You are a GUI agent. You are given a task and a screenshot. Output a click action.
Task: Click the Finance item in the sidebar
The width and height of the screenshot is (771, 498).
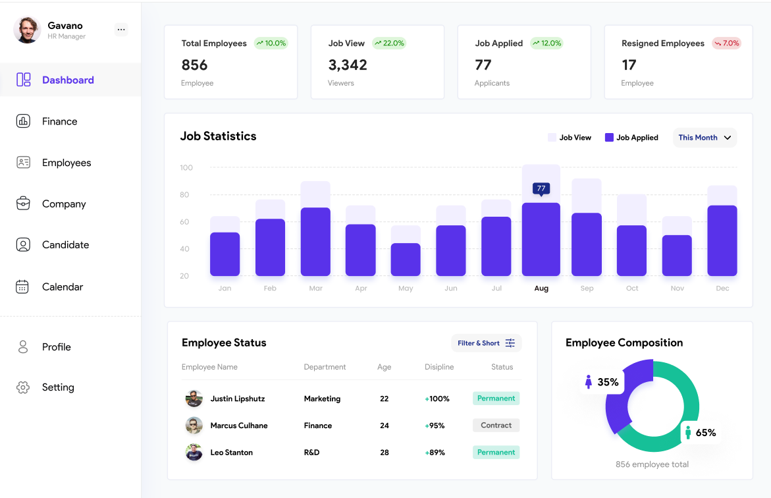point(59,121)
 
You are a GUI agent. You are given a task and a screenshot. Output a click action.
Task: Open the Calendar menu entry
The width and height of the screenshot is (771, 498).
point(62,287)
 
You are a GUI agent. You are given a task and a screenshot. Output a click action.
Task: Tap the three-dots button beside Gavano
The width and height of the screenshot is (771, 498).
point(120,29)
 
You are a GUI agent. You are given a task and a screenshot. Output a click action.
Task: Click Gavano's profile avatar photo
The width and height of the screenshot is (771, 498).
point(27,30)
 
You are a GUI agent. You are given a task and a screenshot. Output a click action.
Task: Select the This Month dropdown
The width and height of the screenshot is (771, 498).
point(705,138)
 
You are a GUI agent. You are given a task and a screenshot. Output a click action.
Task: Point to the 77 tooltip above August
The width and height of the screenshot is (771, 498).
point(541,188)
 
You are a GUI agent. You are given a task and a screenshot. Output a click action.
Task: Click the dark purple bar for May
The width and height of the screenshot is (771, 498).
point(406,260)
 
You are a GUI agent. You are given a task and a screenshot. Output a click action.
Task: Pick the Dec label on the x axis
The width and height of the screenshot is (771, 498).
point(722,289)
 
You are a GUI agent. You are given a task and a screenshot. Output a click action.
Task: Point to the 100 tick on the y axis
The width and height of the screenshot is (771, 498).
point(186,168)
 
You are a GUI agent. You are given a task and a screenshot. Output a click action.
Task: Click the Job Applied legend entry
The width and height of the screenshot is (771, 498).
point(631,138)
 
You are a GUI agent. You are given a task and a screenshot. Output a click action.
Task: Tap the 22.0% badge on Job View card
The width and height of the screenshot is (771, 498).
point(389,43)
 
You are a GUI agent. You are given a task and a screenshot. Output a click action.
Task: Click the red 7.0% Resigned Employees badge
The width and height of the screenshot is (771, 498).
point(727,43)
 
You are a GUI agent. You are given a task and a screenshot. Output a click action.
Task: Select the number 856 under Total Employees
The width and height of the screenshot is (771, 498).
point(194,65)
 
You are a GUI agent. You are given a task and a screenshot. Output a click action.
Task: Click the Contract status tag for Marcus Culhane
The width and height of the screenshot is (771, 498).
point(496,426)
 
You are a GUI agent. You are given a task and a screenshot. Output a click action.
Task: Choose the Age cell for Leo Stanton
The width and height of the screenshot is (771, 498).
point(385,453)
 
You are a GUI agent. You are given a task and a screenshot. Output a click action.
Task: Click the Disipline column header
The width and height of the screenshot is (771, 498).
point(439,367)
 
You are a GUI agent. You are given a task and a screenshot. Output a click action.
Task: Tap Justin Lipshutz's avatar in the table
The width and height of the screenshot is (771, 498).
point(194,399)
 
